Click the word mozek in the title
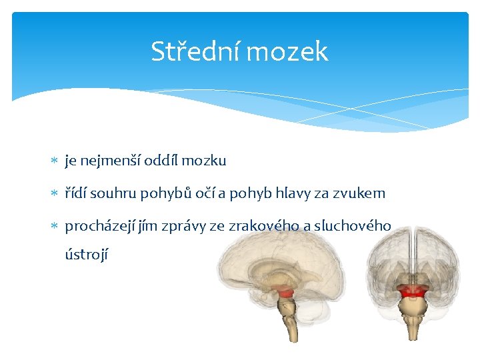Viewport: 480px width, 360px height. (287, 51)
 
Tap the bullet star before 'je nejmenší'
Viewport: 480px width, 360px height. (54, 160)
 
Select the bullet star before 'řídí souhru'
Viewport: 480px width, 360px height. (54, 193)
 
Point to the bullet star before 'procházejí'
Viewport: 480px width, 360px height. (54, 225)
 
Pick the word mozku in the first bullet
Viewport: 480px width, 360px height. (204, 161)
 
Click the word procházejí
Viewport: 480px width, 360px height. (100, 227)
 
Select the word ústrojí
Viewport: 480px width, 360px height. (87, 255)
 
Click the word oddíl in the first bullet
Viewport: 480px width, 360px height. (161, 161)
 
